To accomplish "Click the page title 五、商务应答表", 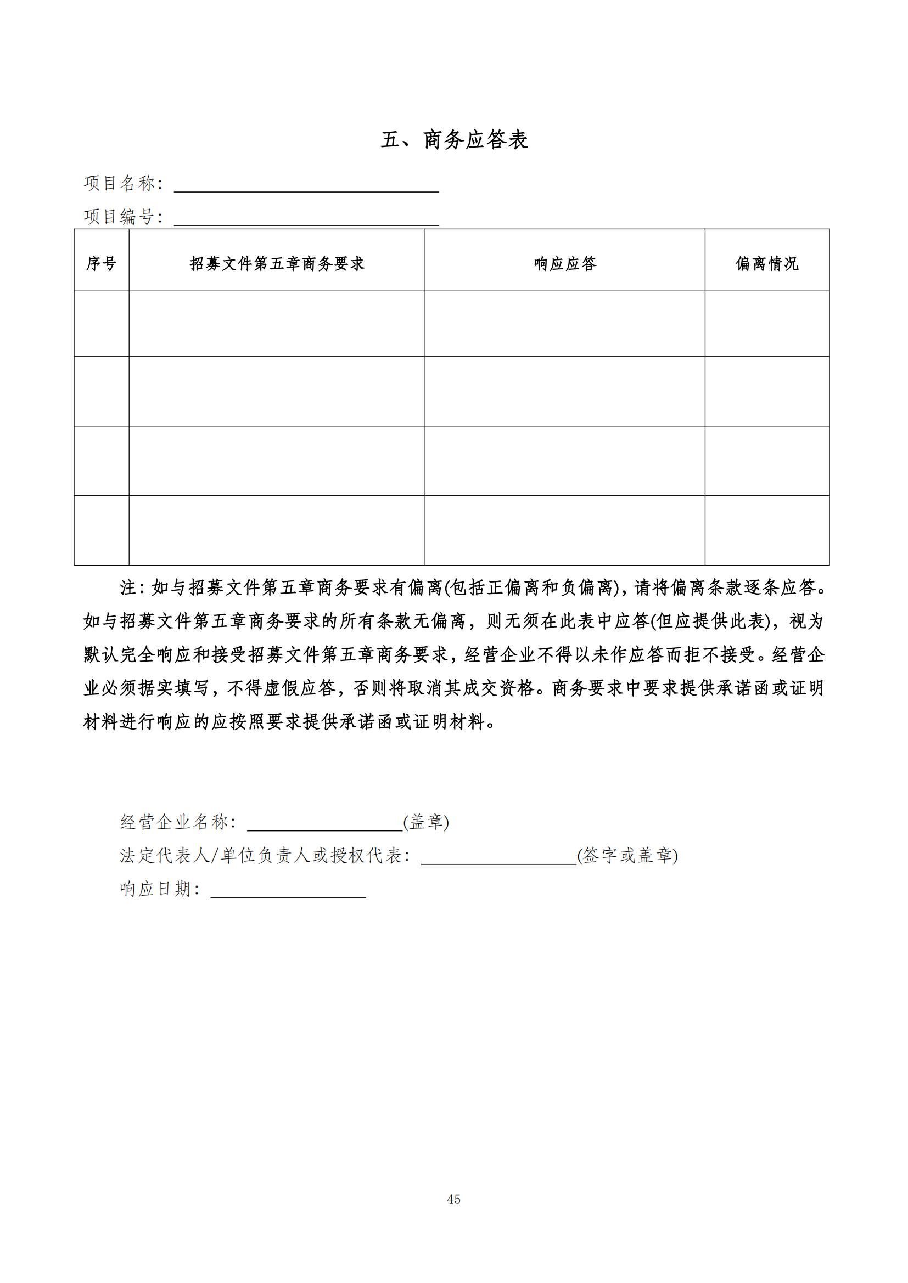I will [454, 140].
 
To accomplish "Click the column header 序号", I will [101, 263].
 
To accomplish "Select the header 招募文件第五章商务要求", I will [277, 263].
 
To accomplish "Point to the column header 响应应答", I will [565, 263].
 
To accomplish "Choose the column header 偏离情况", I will [766, 263].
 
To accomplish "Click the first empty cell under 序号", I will [101, 324].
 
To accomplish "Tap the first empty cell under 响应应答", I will [565, 324].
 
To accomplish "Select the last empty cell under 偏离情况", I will [766, 530].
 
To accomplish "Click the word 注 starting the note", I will [128, 588].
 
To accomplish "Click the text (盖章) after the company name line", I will [426, 822].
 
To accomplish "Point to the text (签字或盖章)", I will [627, 856].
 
